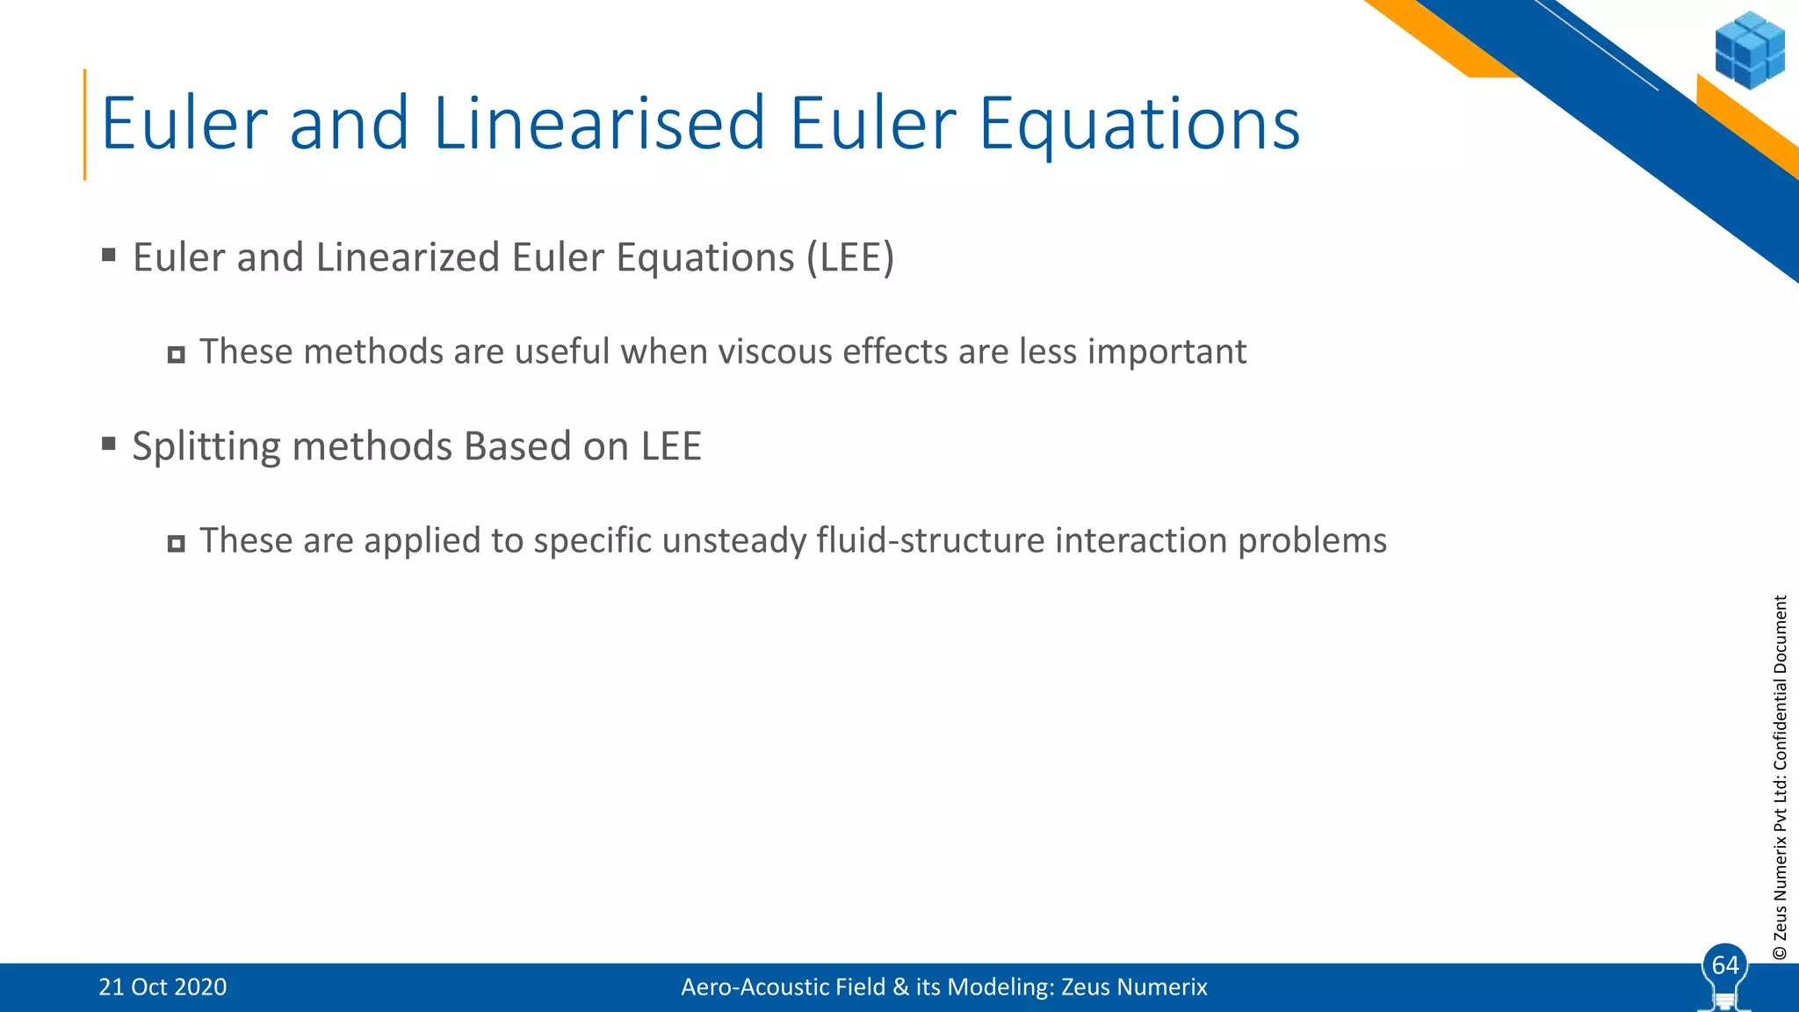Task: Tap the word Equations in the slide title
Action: [x=1139, y=124]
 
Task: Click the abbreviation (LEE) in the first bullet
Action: [x=850, y=257]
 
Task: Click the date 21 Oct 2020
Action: [x=163, y=987]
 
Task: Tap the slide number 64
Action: [x=1725, y=965]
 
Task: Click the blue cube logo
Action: [x=1749, y=50]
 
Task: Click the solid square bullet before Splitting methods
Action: [x=109, y=444]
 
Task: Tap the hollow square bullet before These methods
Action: [x=176, y=355]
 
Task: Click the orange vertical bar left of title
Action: [x=85, y=124]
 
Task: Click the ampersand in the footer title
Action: [x=900, y=987]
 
